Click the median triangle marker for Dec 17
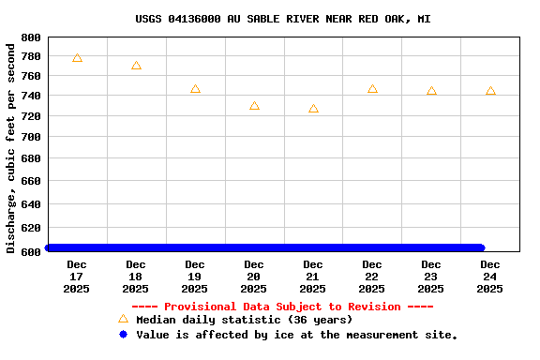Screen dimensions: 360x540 pyautogui.click(x=77, y=58)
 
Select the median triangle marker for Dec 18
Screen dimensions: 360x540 pyautogui.click(x=136, y=66)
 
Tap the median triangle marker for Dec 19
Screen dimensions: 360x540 pyautogui.click(x=195, y=89)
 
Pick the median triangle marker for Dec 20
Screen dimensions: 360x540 pyautogui.click(x=254, y=106)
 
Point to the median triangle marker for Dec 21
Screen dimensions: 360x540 pyautogui.click(x=313, y=109)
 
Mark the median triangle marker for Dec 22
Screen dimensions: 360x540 pyautogui.click(x=372, y=89)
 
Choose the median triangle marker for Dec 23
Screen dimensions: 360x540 pyautogui.click(x=431, y=91)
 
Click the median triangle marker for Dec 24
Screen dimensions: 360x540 pyautogui.click(x=490, y=91)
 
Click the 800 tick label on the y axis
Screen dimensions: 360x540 pyautogui.click(x=30, y=37)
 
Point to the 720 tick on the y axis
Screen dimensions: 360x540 pyautogui.click(x=30, y=116)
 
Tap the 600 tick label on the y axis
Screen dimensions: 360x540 pyautogui.click(x=30, y=250)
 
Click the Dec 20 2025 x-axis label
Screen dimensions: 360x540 pyautogui.click(x=254, y=277)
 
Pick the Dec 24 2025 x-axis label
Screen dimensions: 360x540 pyautogui.click(x=490, y=277)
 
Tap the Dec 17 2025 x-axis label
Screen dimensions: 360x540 pyautogui.click(x=77, y=277)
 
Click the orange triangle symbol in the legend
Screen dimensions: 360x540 pyautogui.click(x=123, y=319)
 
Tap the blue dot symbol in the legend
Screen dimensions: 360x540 pyautogui.click(x=123, y=335)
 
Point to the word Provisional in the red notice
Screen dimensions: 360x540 pyautogui.click(x=200, y=307)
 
